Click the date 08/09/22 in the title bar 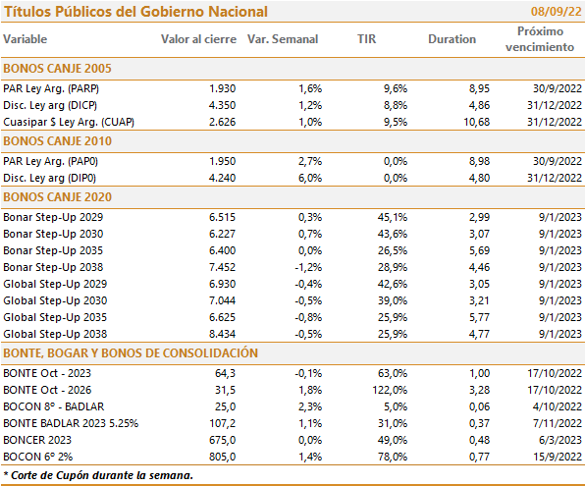[x=556, y=12]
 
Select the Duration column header [x=452, y=39]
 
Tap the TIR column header [x=366, y=39]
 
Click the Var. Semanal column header [x=283, y=39]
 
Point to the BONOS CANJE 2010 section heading [x=58, y=141]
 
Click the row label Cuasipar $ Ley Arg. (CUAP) [x=69, y=122]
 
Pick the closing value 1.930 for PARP [x=223, y=88]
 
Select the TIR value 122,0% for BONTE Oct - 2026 [x=390, y=390]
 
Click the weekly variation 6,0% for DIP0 [x=310, y=178]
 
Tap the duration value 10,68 [x=476, y=122]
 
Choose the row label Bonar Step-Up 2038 [x=53, y=267]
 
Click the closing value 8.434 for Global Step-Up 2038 [x=223, y=334]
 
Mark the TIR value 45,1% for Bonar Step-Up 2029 [x=393, y=217]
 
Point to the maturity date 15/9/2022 [x=558, y=457]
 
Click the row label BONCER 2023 [x=37, y=440]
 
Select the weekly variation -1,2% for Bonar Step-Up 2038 [x=308, y=267]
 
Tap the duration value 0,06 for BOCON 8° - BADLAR [x=479, y=406]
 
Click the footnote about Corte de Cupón [x=98, y=475]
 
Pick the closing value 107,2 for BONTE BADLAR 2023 [x=223, y=424]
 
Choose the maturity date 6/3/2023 [x=560, y=440]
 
